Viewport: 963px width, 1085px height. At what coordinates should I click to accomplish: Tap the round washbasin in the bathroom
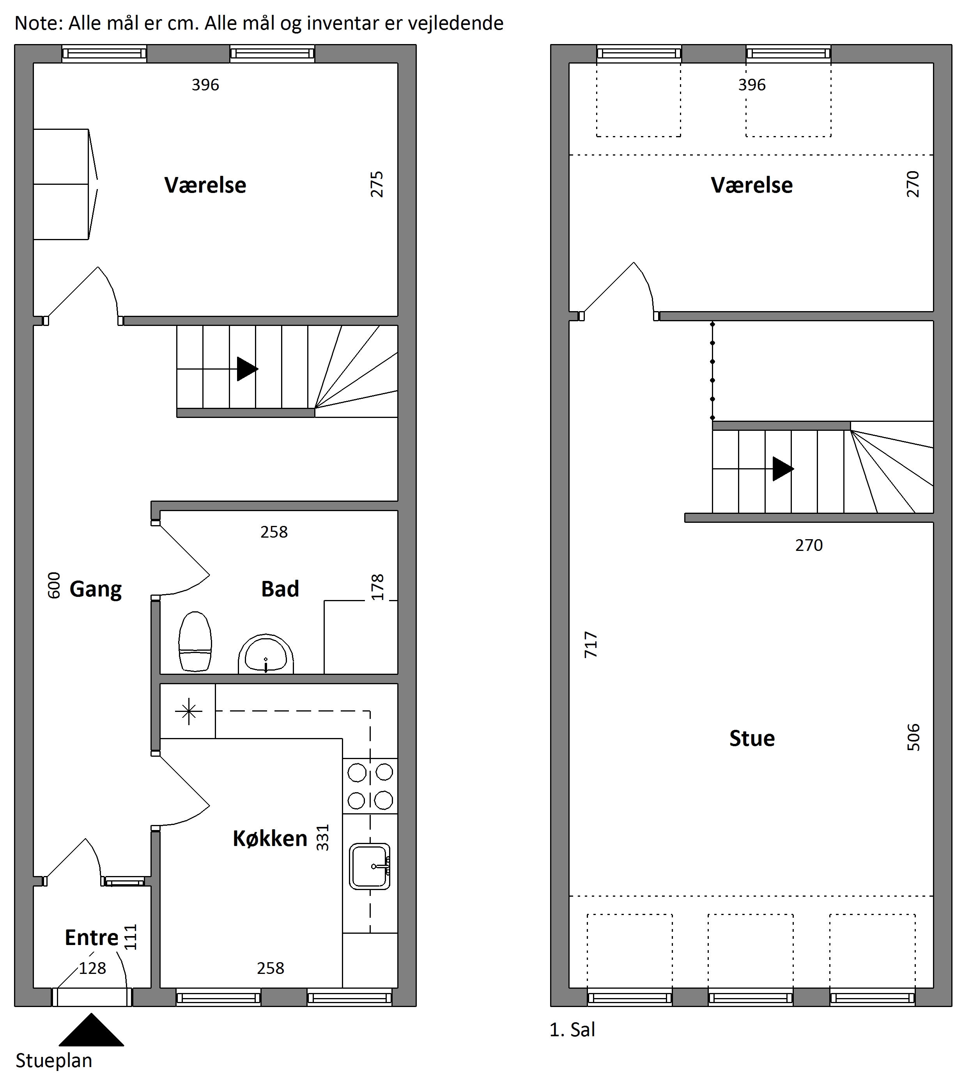pyautogui.click(x=266, y=654)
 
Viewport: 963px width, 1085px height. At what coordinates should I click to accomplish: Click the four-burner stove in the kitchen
pyautogui.click(x=370, y=786)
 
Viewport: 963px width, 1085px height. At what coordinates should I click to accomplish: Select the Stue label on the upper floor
pyautogui.click(x=752, y=738)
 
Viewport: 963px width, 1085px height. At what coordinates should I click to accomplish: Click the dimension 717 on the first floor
pyautogui.click(x=591, y=645)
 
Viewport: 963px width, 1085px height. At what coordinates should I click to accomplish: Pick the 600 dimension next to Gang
pyautogui.click(x=54, y=586)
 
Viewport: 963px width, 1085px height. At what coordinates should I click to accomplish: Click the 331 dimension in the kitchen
pyautogui.click(x=323, y=838)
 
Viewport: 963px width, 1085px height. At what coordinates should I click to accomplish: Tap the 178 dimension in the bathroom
pyautogui.click(x=377, y=587)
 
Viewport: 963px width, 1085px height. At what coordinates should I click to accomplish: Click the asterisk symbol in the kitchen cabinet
pyautogui.click(x=188, y=711)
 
